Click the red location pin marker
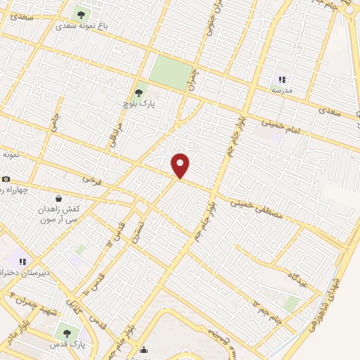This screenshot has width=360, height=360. [x=181, y=165]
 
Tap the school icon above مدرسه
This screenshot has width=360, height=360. [x=282, y=80]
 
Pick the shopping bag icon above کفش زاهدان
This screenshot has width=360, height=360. [x=58, y=198]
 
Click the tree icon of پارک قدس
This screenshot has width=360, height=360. [x=67, y=333]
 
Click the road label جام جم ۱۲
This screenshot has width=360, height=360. [x=266, y=304]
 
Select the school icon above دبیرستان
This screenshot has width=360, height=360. [x=23, y=260]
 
